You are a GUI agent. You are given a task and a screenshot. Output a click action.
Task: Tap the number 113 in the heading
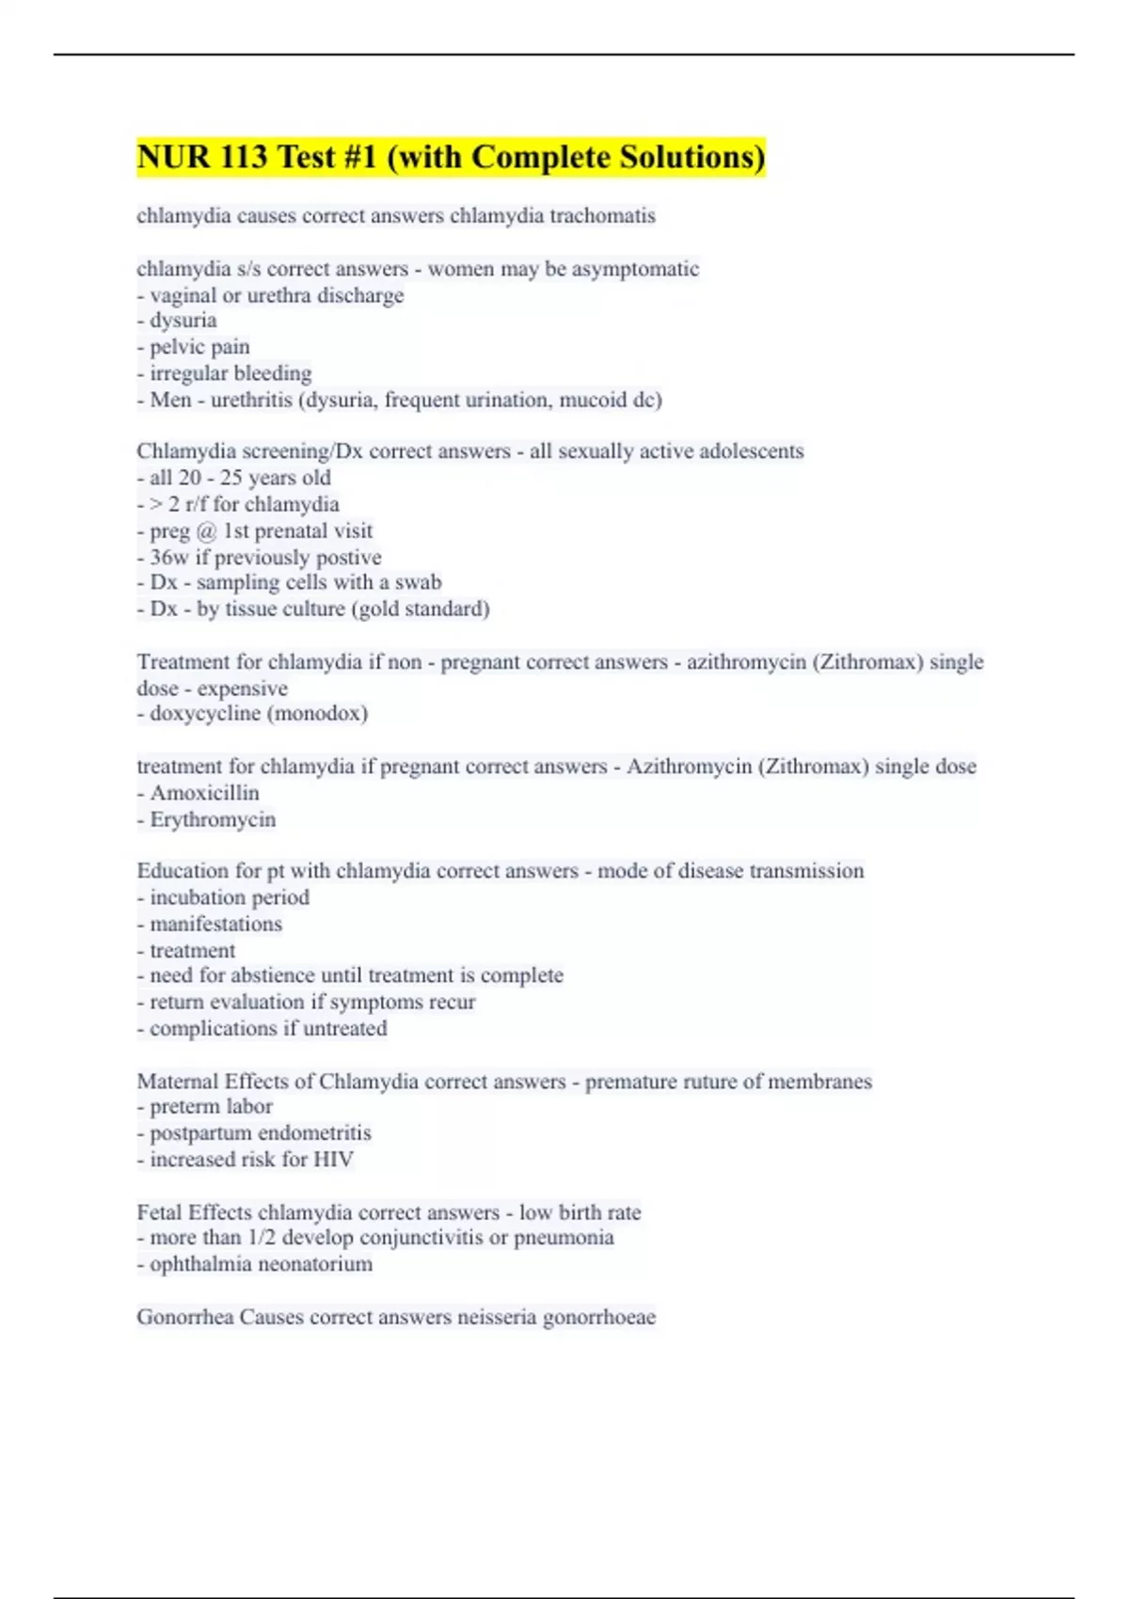244,157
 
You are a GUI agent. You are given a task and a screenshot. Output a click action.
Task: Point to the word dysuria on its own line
183,321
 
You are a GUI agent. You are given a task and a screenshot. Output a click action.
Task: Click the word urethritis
251,400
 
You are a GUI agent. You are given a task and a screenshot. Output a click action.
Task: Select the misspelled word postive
346,557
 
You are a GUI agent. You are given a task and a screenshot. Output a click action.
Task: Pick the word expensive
243,689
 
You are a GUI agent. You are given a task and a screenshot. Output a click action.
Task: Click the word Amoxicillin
204,793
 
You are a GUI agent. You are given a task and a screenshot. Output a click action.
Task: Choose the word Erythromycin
213,819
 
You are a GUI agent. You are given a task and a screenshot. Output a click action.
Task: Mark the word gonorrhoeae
599,1317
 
